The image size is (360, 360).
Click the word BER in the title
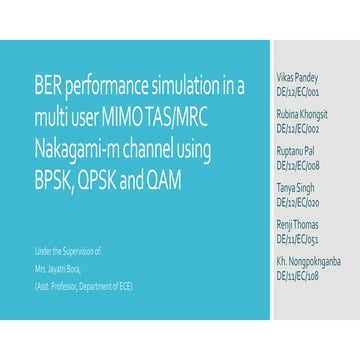(49, 87)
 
